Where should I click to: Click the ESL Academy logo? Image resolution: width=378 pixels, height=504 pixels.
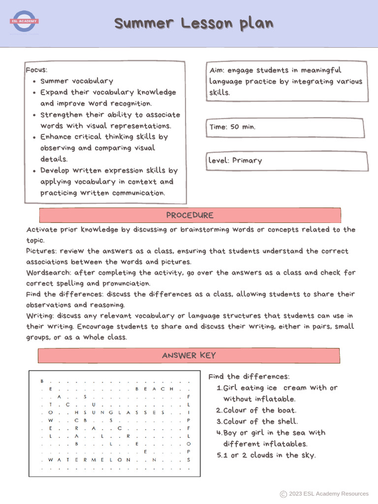(x=24, y=22)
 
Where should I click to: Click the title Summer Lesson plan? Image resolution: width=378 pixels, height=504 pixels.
(x=193, y=23)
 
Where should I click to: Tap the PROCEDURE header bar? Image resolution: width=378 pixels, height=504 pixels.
(x=190, y=216)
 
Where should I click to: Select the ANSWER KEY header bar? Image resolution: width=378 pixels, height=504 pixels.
(x=189, y=356)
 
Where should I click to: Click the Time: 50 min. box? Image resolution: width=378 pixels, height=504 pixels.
(x=286, y=127)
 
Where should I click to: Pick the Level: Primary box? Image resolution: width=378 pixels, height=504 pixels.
(x=287, y=161)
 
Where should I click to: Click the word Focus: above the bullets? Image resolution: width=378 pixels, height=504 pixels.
(x=36, y=70)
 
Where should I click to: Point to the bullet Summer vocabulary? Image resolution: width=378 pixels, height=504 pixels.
(x=76, y=81)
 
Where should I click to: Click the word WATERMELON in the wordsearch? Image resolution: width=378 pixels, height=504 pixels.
(x=89, y=460)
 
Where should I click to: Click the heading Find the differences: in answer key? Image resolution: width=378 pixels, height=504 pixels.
(x=249, y=377)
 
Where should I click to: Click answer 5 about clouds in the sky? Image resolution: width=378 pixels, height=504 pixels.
(x=266, y=455)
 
